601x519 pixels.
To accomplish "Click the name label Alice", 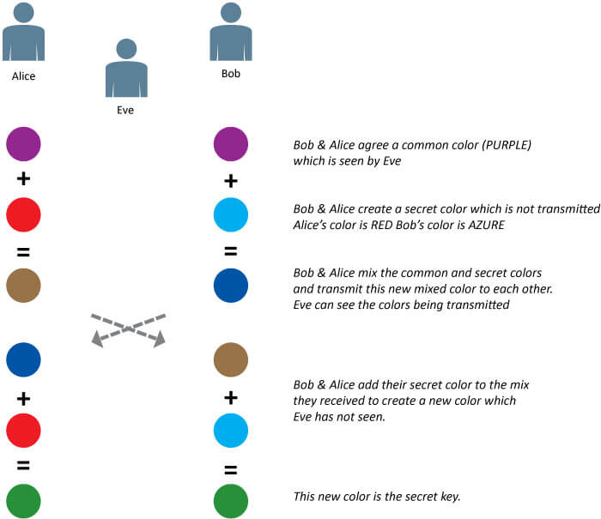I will [23, 76].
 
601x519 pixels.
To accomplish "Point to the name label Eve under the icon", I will [126, 110].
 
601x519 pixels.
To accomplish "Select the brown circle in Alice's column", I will [23, 285].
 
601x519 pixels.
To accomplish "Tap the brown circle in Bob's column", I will [231, 359].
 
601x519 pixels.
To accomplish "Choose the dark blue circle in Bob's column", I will [231, 285].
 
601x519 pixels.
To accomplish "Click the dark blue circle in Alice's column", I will [23, 359].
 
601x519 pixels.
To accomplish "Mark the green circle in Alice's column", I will [23, 501].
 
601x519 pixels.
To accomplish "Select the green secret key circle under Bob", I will [231, 501].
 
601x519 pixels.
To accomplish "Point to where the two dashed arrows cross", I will [128, 329].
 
